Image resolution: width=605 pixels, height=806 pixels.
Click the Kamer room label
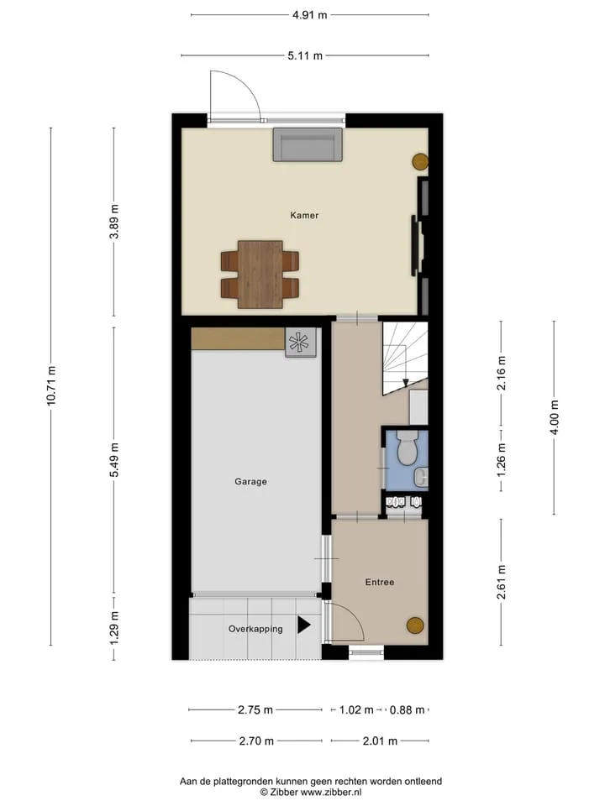tap(304, 216)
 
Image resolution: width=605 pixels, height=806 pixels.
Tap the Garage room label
tap(250, 482)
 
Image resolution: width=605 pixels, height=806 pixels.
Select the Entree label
tap(380, 582)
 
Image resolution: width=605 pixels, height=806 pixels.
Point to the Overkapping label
tap(255, 629)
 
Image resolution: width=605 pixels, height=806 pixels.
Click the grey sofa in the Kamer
tap(308, 144)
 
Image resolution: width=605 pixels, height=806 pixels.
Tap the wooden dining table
tap(260, 275)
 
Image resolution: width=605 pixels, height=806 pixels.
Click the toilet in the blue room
tap(408, 447)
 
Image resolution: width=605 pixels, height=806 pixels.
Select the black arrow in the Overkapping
tap(304, 625)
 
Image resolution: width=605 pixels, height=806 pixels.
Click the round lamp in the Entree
tap(415, 625)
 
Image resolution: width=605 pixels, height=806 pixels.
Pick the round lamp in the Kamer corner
tap(420, 162)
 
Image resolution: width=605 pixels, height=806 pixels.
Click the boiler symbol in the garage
tap(301, 343)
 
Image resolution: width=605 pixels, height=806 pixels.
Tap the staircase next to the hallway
tap(405, 359)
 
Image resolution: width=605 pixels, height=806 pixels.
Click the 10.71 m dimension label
tap(51, 385)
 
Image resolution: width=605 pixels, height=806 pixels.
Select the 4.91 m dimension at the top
tap(310, 15)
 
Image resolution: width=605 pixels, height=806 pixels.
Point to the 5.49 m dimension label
tap(114, 459)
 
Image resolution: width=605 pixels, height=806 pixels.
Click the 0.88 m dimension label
tap(407, 710)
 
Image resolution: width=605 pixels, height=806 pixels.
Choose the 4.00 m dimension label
tap(554, 417)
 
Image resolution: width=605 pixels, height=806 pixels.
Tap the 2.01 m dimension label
tap(380, 741)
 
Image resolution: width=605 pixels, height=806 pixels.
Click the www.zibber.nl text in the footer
tap(331, 792)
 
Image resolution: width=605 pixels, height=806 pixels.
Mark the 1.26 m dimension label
tap(502, 460)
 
